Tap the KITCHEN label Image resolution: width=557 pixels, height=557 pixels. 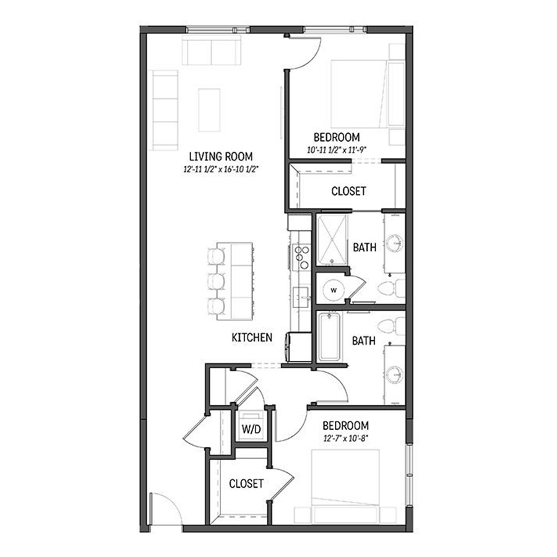pos(252,337)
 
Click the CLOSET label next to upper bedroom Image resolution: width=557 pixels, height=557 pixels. pos(348,191)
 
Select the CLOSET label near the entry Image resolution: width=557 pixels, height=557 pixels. pos(246,483)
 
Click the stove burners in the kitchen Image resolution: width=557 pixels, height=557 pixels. pos(301,256)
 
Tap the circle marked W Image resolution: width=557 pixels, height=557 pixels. pos(334,290)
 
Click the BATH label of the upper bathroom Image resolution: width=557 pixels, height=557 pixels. pos(365,248)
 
